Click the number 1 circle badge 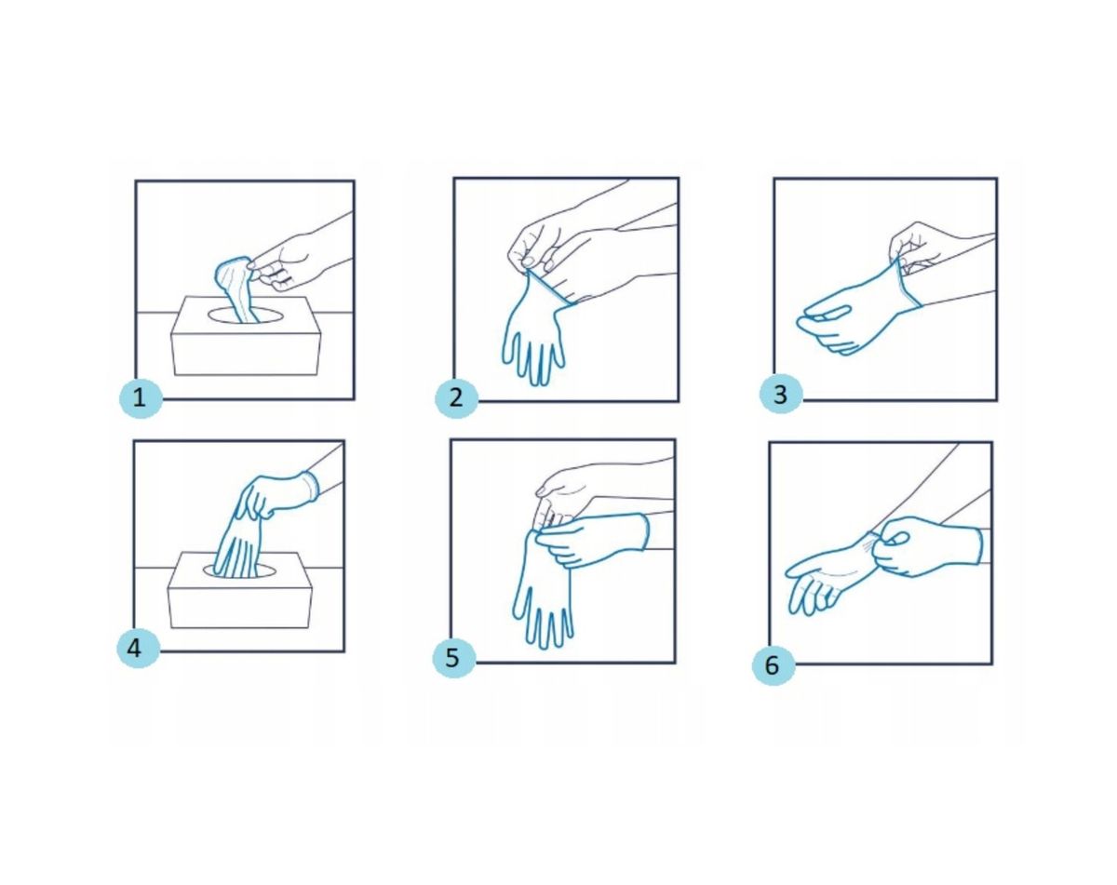pos(141,397)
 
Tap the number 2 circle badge pos(456,397)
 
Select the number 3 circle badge pos(781,394)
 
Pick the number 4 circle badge pos(138,649)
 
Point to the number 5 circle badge pos(453,658)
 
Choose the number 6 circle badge pos(774,665)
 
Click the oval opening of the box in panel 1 pos(246,314)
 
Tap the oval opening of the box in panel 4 pos(239,572)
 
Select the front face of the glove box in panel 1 pos(245,355)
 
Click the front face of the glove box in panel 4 pos(239,608)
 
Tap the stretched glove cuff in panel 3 pos(905,283)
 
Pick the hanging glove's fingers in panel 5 pos(544,618)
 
